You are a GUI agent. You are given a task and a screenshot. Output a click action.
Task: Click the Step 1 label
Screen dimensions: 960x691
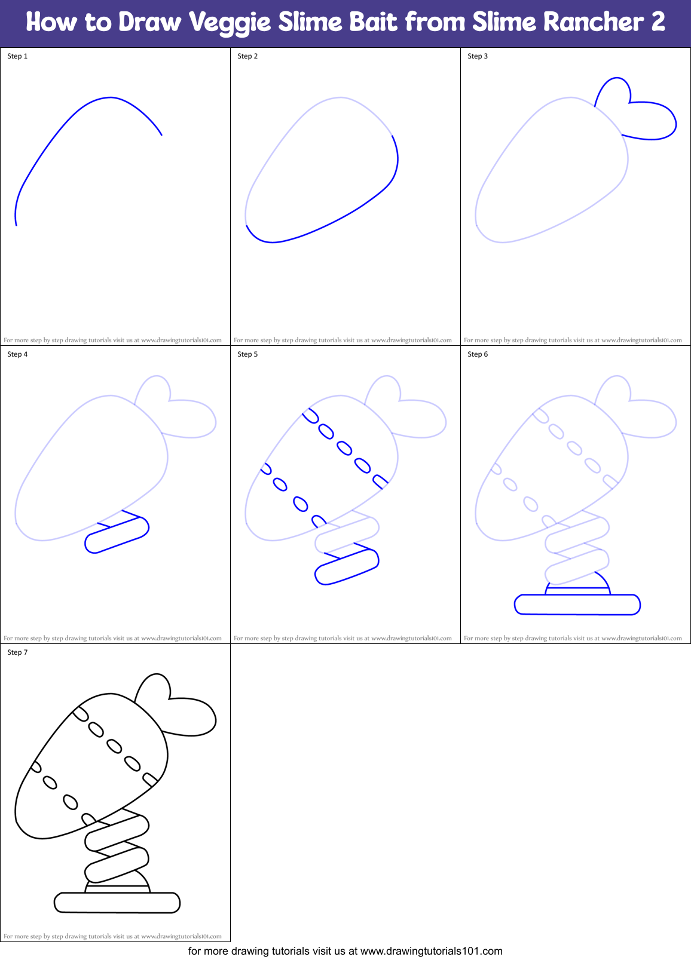pyautogui.click(x=17, y=56)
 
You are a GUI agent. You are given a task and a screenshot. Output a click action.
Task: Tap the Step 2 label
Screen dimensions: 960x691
pyautogui.click(x=247, y=56)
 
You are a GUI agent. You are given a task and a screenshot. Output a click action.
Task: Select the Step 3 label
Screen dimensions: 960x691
pyautogui.click(x=478, y=56)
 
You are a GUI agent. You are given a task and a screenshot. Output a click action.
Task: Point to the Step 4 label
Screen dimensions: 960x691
pyautogui.click(x=17, y=354)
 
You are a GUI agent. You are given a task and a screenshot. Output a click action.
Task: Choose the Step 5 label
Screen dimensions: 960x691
pyautogui.click(x=247, y=354)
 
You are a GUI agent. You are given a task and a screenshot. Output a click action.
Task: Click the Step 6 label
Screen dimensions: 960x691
pyautogui.click(x=478, y=354)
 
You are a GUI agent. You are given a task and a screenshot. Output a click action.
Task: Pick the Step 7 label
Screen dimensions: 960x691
pyautogui.click(x=17, y=652)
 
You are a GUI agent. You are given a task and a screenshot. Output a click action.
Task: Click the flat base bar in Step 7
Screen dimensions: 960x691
pyautogui.click(x=117, y=902)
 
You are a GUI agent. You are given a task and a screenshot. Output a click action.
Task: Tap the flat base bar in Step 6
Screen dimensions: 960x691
pyautogui.click(x=577, y=605)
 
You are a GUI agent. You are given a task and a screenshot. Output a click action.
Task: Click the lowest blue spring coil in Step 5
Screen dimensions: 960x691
pyautogui.click(x=347, y=566)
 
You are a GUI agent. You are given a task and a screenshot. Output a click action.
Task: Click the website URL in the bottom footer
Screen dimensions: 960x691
pyautogui.click(x=432, y=951)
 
